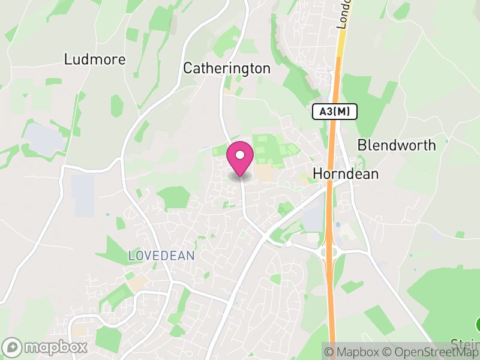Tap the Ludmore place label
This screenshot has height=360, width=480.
pyautogui.click(x=95, y=59)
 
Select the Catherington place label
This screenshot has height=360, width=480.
pyautogui.click(x=227, y=68)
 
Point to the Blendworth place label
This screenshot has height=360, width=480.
pyautogui.click(x=397, y=145)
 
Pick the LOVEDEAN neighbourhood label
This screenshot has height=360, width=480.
pyautogui.click(x=161, y=256)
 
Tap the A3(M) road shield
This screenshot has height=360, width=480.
pyautogui.click(x=334, y=111)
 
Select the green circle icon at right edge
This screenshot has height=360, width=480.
pyautogui.click(x=478, y=325)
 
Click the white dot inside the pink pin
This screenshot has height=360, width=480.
pyautogui.click(x=240, y=155)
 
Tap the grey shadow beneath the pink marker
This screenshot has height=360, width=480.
pyautogui.click(x=240, y=176)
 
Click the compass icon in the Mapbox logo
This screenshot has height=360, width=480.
pyautogui.click(x=13, y=347)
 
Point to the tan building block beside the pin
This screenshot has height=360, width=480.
pyautogui.click(x=265, y=173)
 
